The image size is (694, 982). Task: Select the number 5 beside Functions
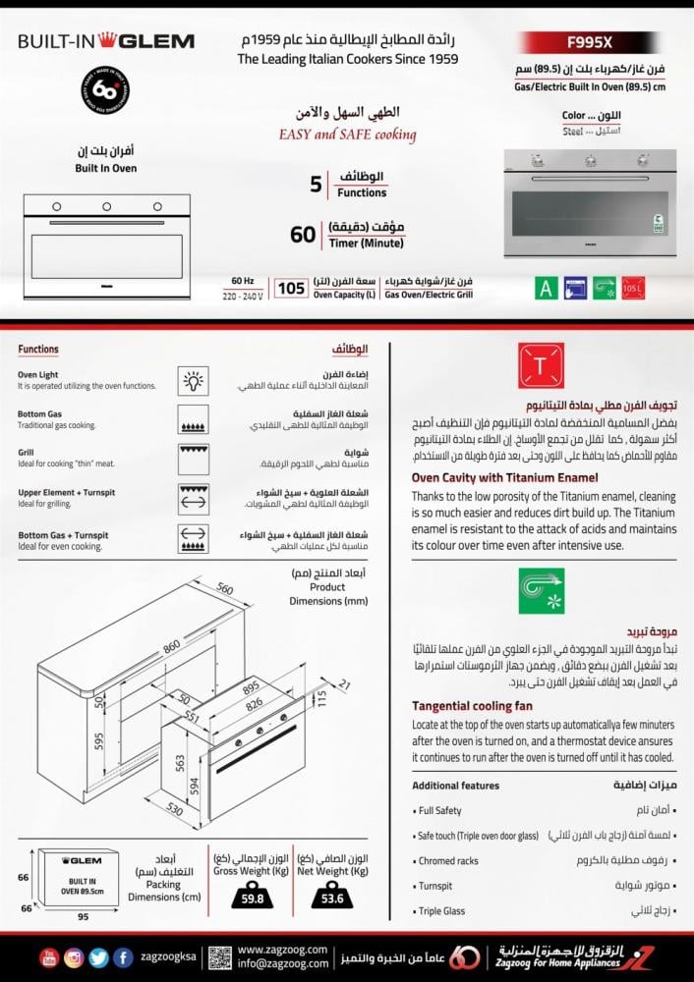coord(315,185)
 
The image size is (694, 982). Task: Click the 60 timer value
coord(303,235)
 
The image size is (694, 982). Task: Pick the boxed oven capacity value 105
coord(291,288)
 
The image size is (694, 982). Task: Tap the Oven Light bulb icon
coord(192,379)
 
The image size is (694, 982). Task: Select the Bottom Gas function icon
coord(192,419)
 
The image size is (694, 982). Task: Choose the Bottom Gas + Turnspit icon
coord(192,538)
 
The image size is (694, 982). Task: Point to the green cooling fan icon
coord(541,590)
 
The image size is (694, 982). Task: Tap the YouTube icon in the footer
coord(49,956)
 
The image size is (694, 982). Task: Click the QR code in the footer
coord(220,956)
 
